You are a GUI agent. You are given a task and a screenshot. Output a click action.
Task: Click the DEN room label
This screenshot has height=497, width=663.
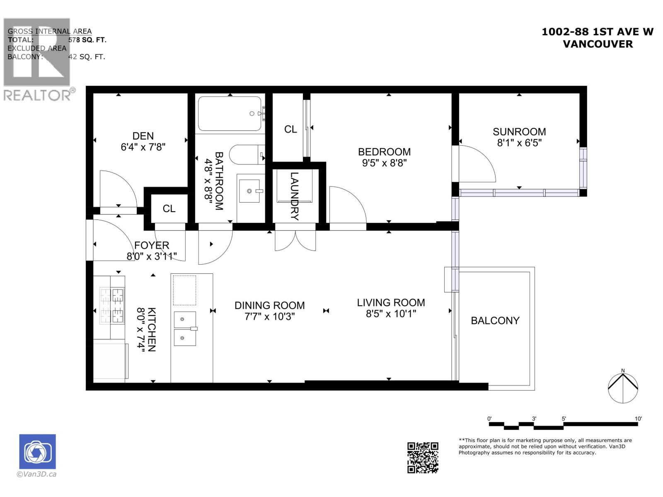pos(143,136)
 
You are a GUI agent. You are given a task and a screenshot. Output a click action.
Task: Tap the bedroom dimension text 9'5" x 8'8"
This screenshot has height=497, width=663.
pos(384,163)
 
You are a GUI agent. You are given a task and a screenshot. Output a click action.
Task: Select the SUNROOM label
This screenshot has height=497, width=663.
pos(519,132)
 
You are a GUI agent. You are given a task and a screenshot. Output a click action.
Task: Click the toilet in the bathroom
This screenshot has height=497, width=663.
pos(247,155)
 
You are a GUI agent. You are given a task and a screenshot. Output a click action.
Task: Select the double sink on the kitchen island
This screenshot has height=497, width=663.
pos(184,328)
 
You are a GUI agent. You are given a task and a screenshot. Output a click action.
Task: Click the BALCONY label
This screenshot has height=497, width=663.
pos(495,321)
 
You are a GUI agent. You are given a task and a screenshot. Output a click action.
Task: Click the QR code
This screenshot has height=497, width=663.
pos(422,457)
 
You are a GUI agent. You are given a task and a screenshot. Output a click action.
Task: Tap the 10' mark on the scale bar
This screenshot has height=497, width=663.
pos(638,419)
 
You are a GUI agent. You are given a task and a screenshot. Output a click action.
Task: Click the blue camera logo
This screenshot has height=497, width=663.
pos(37,451)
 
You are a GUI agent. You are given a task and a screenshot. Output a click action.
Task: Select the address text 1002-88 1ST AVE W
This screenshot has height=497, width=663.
pos(597,32)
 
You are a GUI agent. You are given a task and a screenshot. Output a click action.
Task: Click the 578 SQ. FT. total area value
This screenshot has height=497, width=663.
pos(87,40)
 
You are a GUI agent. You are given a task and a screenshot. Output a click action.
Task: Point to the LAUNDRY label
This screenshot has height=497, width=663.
pos(294,196)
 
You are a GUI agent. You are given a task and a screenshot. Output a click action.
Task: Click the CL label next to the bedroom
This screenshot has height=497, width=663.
pos(290,129)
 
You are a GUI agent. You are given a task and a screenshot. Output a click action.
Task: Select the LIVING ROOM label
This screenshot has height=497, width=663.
pos(391,303)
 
